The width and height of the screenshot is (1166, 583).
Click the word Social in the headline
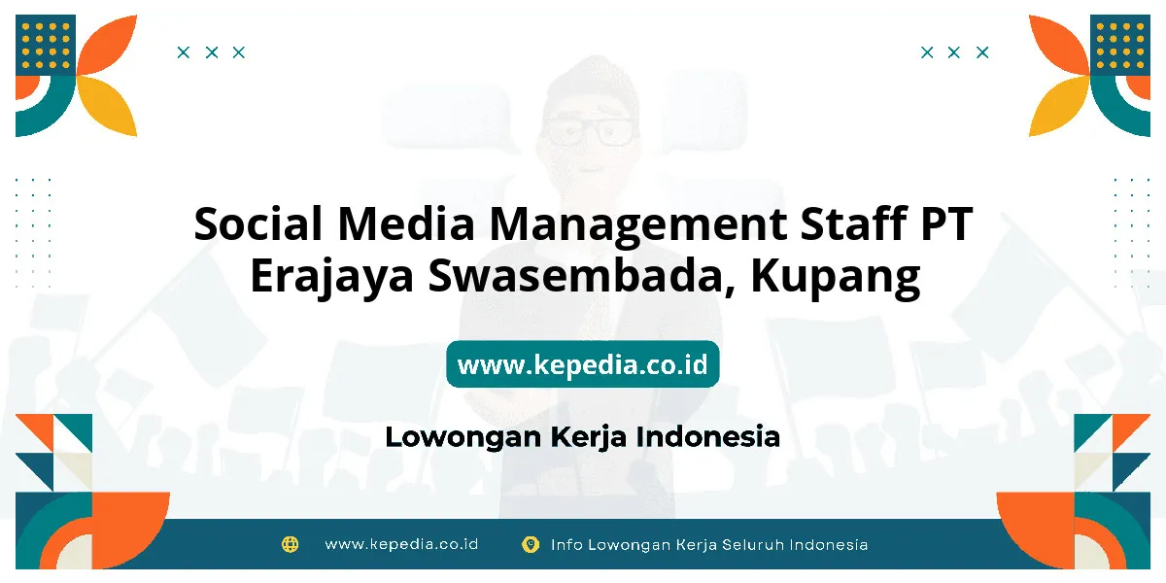click(258, 223)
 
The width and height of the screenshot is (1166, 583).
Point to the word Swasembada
click(582, 276)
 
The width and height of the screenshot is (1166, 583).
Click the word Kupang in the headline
click(835, 279)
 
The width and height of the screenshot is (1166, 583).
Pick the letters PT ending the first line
click(946, 223)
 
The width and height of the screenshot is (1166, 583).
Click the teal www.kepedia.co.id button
click(582, 363)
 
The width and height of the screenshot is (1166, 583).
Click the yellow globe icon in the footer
click(290, 544)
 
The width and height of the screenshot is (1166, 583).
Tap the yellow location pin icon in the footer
click(531, 544)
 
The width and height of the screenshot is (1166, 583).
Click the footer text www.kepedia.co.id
click(401, 544)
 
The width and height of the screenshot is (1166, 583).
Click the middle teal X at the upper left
click(212, 52)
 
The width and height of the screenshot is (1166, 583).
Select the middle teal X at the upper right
click(953, 52)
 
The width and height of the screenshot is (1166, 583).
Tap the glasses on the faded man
click(590, 130)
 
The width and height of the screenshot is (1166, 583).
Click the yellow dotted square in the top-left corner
click(46, 45)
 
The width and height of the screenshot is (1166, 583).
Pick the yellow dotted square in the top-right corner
click(1120, 45)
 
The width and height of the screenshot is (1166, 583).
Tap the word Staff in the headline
click(854, 223)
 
